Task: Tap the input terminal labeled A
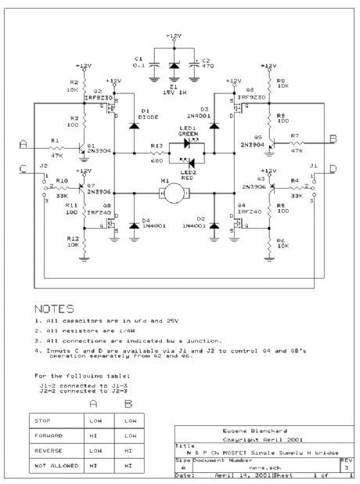(x=23, y=144)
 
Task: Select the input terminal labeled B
(x=333, y=139)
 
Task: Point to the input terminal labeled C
(x=23, y=169)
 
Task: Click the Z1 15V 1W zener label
(x=173, y=87)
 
